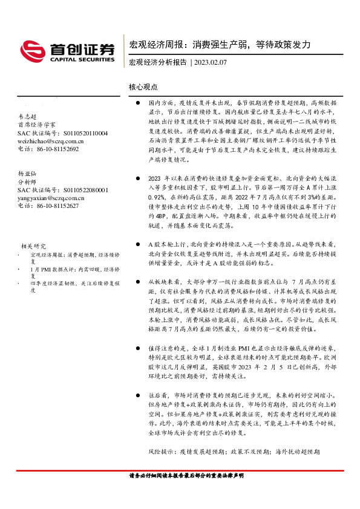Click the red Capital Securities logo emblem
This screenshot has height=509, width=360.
click(x=31, y=50)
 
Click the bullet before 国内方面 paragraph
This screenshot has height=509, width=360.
click(x=138, y=103)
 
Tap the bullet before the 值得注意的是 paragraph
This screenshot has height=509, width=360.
click(x=138, y=349)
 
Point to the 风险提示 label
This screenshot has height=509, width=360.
click(x=162, y=452)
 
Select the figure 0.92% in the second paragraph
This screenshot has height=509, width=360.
click(x=156, y=196)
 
